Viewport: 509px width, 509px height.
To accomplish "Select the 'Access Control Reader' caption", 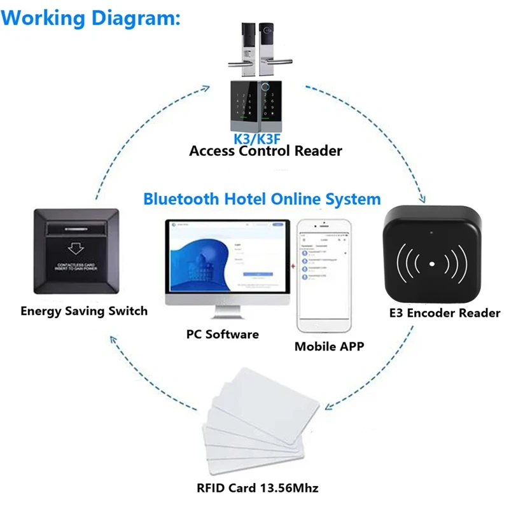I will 265,151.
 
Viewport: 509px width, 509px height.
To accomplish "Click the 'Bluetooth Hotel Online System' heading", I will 261,199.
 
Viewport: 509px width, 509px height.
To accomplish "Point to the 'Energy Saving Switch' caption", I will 84,311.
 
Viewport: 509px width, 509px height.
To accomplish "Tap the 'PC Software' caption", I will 222,333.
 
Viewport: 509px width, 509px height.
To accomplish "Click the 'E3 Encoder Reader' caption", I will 444,313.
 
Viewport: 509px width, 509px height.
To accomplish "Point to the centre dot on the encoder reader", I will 432,263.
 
